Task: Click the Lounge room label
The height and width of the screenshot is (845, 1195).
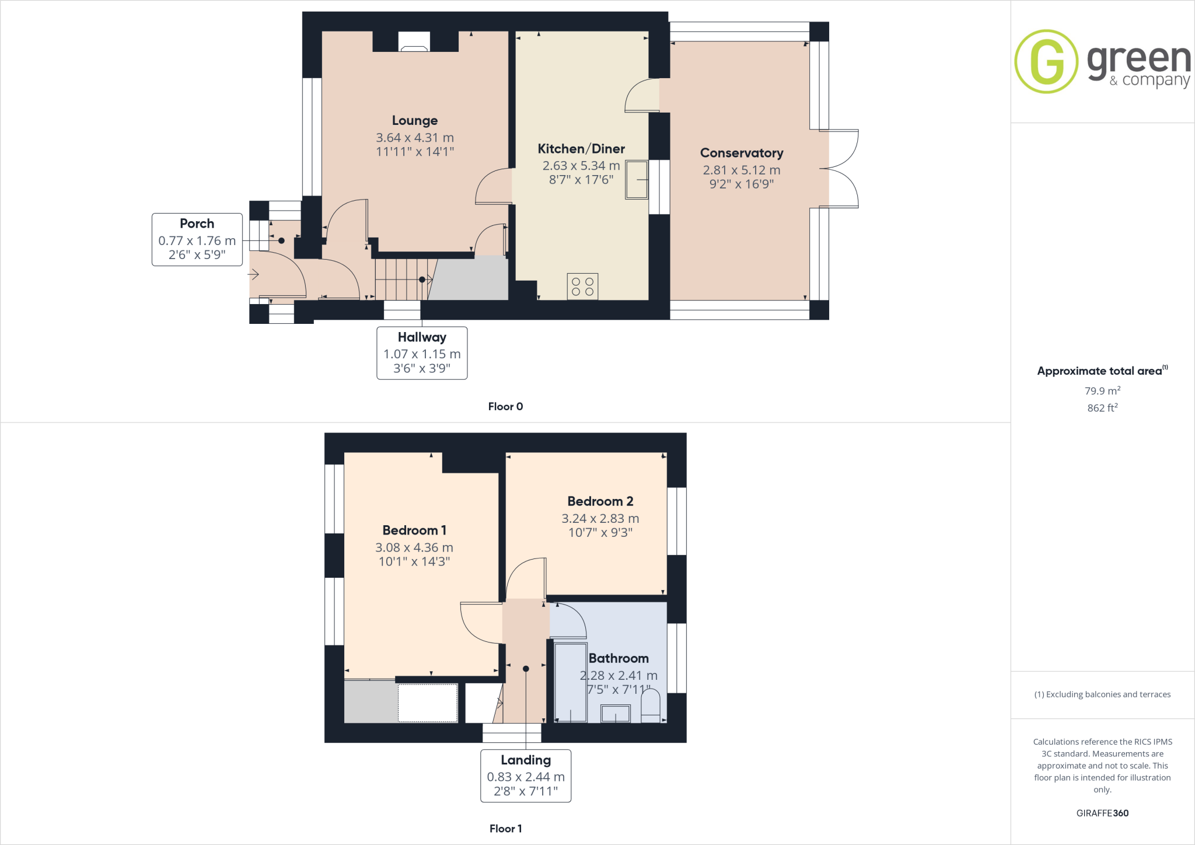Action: (x=414, y=120)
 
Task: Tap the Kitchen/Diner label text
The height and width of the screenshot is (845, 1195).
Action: (x=581, y=149)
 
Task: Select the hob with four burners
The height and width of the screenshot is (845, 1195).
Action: (x=582, y=287)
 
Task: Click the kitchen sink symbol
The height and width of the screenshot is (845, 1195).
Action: (x=637, y=179)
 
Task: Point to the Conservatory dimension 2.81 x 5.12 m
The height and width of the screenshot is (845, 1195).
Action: (x=741, y=170)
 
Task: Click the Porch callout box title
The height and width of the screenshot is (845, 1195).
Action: (x=197, y=224)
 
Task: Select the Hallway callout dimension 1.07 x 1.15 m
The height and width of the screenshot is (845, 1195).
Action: (x=422, y=354)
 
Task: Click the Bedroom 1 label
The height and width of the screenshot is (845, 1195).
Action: (x=414, y=530)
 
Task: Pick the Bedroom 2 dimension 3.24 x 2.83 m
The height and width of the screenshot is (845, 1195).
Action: (x=600, y=518)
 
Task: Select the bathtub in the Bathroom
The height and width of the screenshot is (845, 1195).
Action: (x=570, y=682)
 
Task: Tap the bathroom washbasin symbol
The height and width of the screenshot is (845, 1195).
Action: (x=616, y=713)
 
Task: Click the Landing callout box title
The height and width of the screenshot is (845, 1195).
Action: (x=526, y=760)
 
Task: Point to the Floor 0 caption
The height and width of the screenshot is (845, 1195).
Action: (x=505, y=407)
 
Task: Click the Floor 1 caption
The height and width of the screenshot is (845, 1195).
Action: (x=505, y=829)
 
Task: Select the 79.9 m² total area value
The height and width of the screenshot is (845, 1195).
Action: (x=1102, y=391)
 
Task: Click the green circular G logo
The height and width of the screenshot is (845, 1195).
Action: (x=1046, y=61)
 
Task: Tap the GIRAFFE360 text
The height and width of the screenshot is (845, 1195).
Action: (x=1102, y=813)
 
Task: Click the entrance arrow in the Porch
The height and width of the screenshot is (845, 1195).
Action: (x=253, y=274)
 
